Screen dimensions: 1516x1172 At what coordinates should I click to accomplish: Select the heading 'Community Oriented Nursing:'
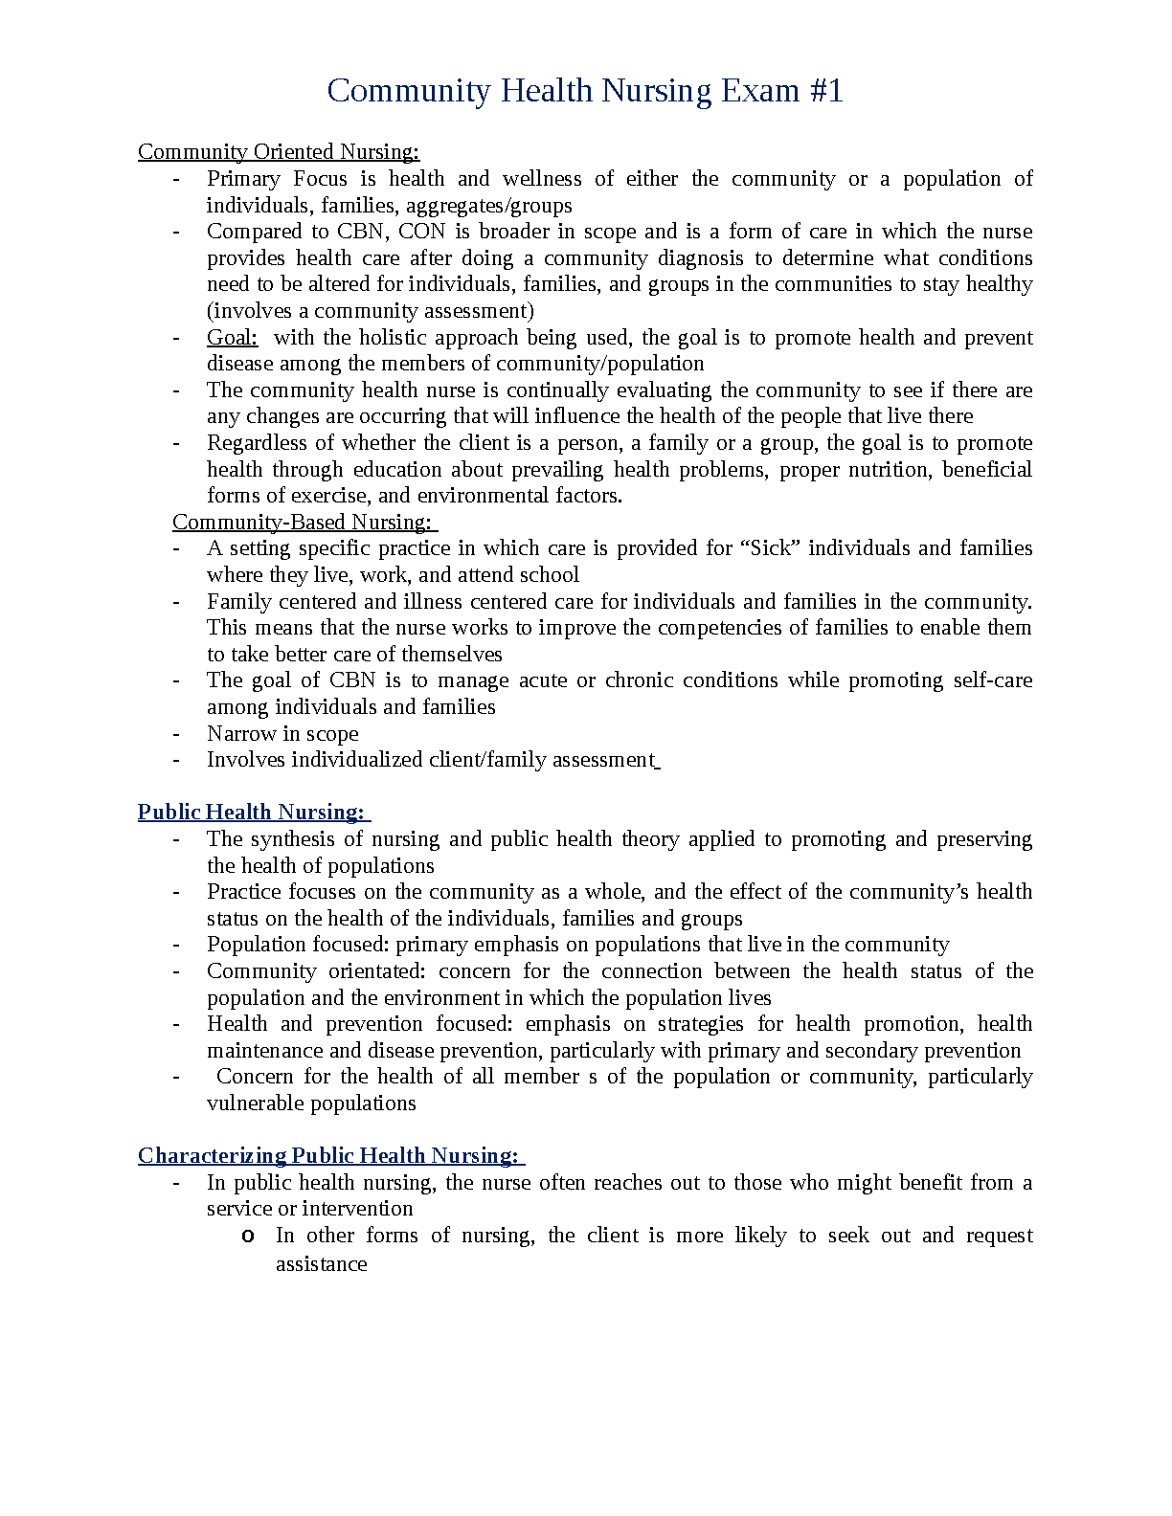tap(279, 152)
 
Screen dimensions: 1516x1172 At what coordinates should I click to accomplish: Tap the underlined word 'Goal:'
tap(233, 338)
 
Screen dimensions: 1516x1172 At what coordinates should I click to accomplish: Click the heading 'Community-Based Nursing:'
tap(304, 523)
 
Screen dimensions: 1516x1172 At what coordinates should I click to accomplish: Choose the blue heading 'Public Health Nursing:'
tap(253, 813)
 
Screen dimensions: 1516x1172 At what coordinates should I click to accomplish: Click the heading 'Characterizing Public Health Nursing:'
tap(330, 1156)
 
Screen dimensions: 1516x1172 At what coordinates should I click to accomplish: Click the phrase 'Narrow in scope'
tap(282, 734)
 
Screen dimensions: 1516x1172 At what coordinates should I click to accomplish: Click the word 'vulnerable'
tap(253, 1104)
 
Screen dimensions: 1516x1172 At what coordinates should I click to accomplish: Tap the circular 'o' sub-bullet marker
tap(247, 1237)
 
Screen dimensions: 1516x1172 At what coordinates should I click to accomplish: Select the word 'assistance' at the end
tap(322, 1264)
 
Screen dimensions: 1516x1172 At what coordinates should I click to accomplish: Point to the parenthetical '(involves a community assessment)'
tap(371, 311)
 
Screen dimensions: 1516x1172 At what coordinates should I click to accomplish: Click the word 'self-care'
tap(993, 680)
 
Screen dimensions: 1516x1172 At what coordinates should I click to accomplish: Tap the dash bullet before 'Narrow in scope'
tap(176, 734)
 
